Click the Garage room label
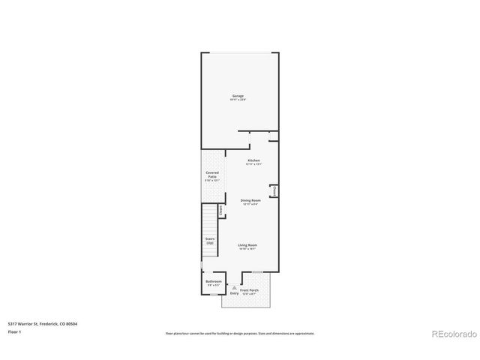point(238,95)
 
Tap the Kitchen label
point(253,160)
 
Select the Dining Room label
point(250,199)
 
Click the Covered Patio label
point(212,175)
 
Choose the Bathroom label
point(214,281)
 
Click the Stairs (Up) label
point(210,241)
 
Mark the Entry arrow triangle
point(234,288)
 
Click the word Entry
point(234,293)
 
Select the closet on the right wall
point(275,192)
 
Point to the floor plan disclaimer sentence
point(239,333)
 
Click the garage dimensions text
point(238,100)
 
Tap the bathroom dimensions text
point(214,286)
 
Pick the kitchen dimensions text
point(253,164)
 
